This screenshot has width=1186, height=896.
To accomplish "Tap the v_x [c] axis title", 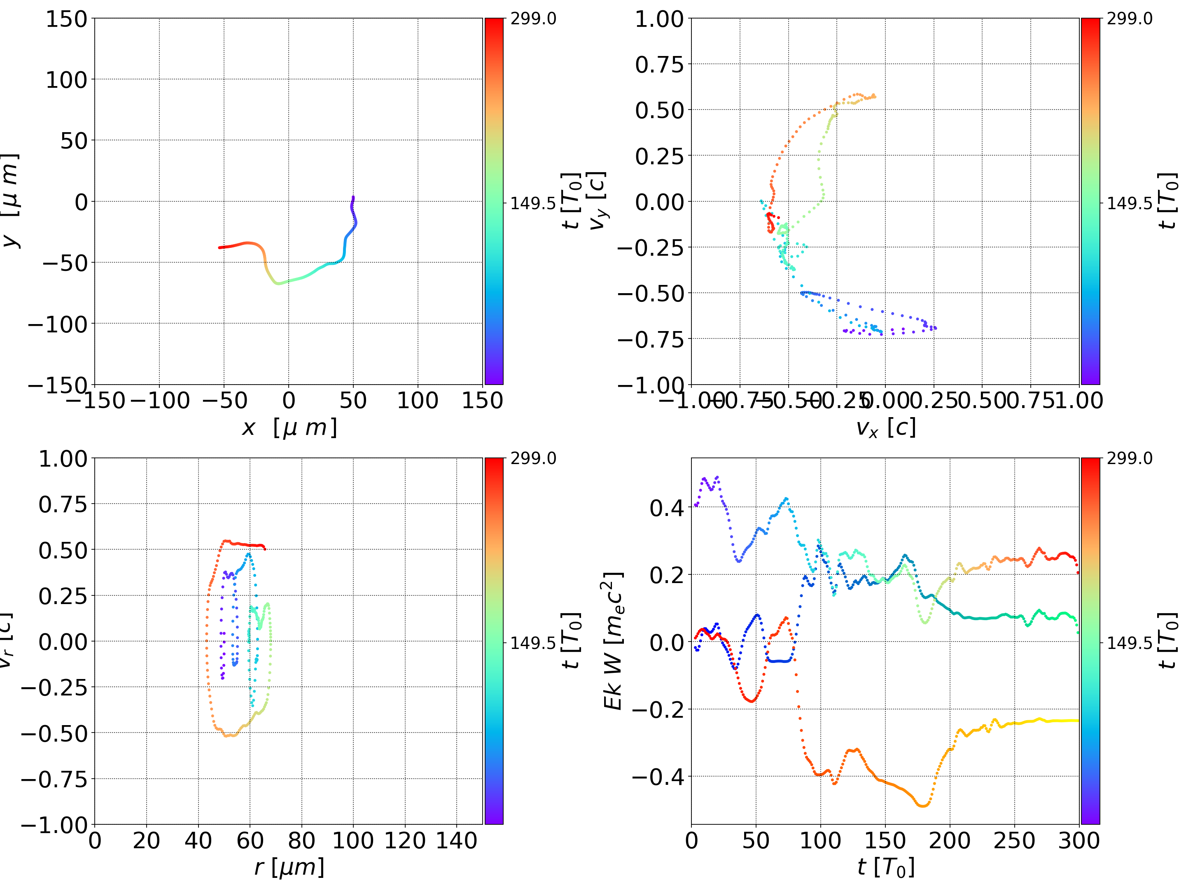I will coord(885,428).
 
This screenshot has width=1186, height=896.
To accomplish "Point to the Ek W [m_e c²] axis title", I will coord(613,641).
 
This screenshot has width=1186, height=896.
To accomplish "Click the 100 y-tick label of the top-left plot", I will coord(66,80).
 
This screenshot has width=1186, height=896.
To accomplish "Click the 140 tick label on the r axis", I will coord(456,840).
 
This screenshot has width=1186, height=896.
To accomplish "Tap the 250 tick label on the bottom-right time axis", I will coord(1014,840).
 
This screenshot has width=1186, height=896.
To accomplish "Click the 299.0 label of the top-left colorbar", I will coord(533,19).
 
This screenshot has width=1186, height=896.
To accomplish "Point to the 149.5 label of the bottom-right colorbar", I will coord(1129,642).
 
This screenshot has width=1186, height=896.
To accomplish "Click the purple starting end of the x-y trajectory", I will coord(353,197).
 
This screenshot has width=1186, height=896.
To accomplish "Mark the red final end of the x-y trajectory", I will coord(220,247).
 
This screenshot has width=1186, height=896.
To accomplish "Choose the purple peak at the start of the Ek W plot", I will coord(717,477).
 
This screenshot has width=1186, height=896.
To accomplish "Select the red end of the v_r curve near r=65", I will coord(264,548).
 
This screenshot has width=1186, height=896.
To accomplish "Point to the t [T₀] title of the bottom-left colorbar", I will coord(571,641).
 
